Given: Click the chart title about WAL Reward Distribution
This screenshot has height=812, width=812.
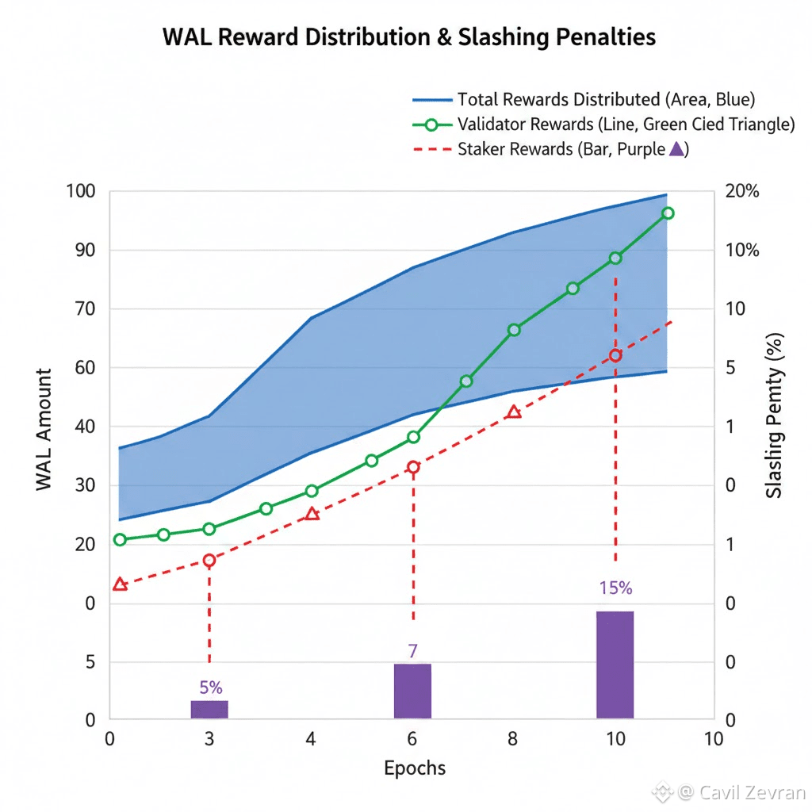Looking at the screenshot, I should tap(409, 38).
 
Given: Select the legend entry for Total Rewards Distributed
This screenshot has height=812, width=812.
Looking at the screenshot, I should tap(606, 100).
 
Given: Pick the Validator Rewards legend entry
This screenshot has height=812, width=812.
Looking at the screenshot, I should tap(626, 124).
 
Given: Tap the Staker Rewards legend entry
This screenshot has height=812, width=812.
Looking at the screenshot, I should tap(573, 148).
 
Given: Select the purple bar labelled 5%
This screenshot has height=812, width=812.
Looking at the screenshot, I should tap(209, 710).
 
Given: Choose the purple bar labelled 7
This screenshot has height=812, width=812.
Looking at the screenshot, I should tap(412, 691).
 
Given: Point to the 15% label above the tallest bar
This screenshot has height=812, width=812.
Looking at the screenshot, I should tap(615, 588).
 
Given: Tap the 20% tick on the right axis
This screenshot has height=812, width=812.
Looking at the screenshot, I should tap(741, 192).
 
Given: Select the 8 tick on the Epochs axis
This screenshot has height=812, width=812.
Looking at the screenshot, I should tap(513, 740).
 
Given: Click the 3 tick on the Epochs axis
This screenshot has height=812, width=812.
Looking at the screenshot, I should tap(209, 740).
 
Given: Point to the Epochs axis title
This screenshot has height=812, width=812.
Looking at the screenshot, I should tap(414, 768).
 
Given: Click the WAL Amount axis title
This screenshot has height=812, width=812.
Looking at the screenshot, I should tap(44, 429).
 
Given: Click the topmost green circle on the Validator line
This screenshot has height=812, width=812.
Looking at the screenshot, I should tap(667, 213).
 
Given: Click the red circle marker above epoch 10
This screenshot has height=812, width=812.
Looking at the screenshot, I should tap(615, 355).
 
